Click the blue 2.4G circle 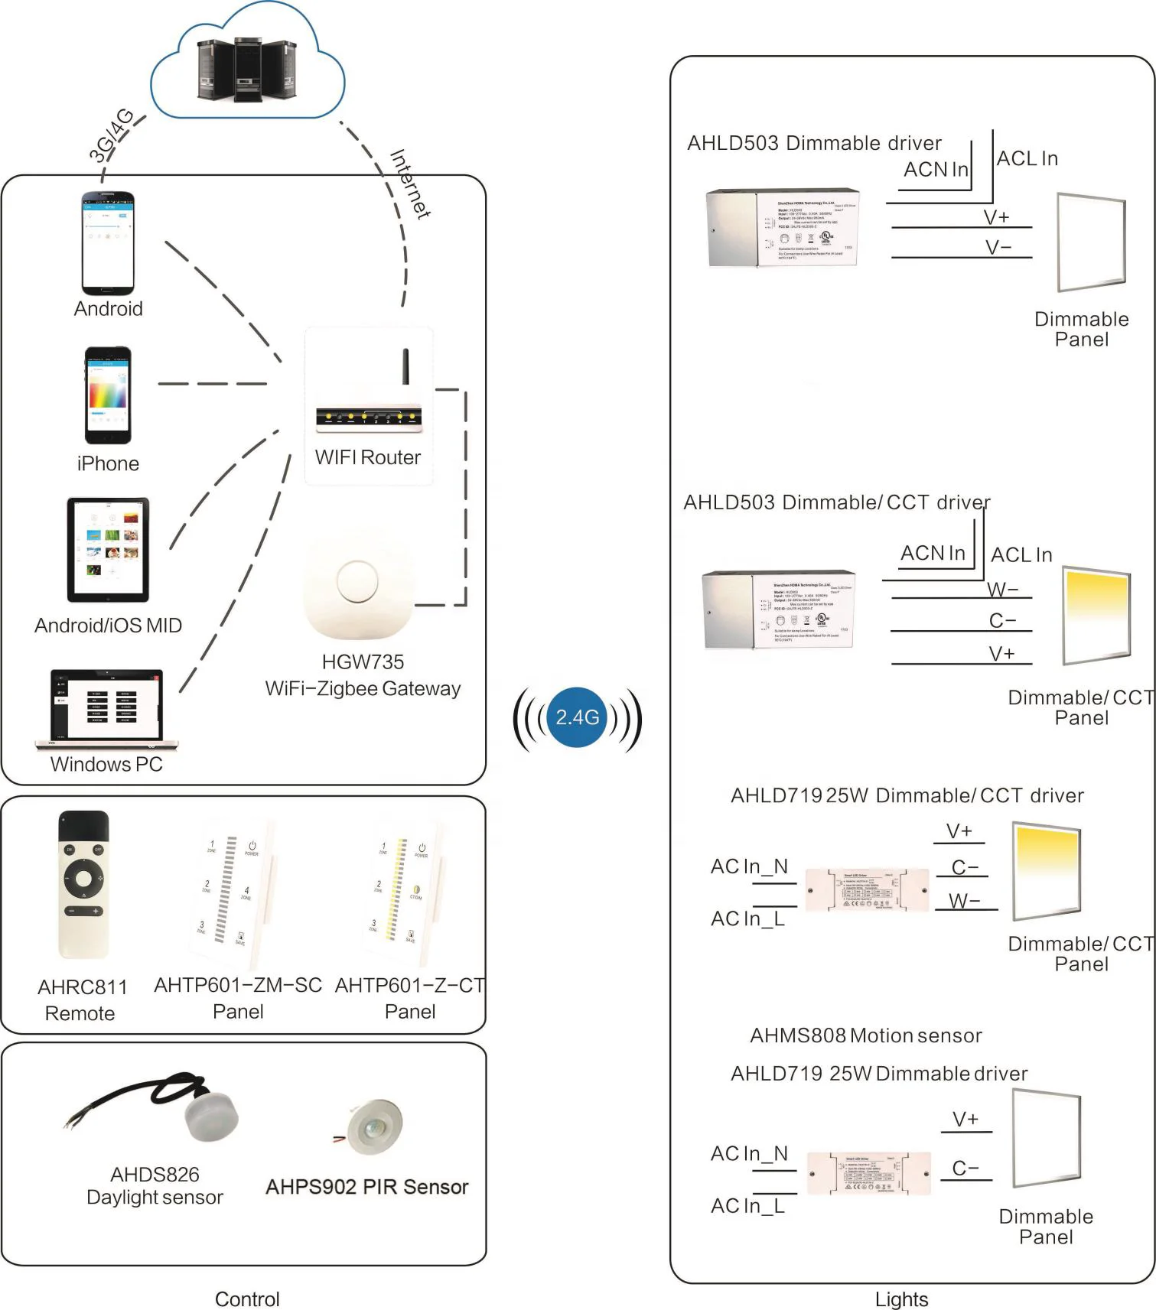tap(577, 717)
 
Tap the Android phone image tap(108, 242)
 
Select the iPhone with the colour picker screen tap(108, 395)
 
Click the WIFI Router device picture tap(369, 405)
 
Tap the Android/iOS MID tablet tap(108, 549)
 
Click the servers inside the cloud tap(246, 70)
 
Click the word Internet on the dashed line tap(410, 184)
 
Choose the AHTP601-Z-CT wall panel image tap(402, 892)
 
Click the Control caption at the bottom tap(247, 1299)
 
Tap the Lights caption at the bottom tap(901, 1299)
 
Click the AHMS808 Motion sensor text tap(865, 1035)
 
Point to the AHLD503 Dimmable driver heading tap(814, 143)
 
